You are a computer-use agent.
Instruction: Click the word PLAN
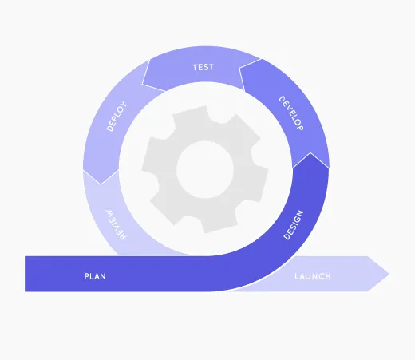[95, 276]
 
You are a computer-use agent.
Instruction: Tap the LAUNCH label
[313, 276]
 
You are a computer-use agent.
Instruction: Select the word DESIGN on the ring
[294, 225]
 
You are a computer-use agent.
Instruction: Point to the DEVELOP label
[291, 113]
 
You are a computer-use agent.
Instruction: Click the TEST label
[204, 67]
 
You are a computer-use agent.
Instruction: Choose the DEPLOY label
[117, 116]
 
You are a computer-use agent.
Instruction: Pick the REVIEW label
[117, 225]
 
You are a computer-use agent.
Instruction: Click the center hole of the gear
[205, 169]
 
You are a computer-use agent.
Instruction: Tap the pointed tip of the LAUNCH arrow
[389, 274]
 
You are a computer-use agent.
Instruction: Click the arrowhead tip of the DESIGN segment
[310, 152]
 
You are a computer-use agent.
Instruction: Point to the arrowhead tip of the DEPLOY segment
[101, 184]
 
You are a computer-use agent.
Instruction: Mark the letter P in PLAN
[86, 276]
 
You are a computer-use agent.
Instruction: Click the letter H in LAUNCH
[328, 276]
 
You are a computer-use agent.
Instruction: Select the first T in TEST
[195, 67]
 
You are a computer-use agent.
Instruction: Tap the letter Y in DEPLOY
[124, 104]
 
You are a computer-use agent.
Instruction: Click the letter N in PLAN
[103, 276]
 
